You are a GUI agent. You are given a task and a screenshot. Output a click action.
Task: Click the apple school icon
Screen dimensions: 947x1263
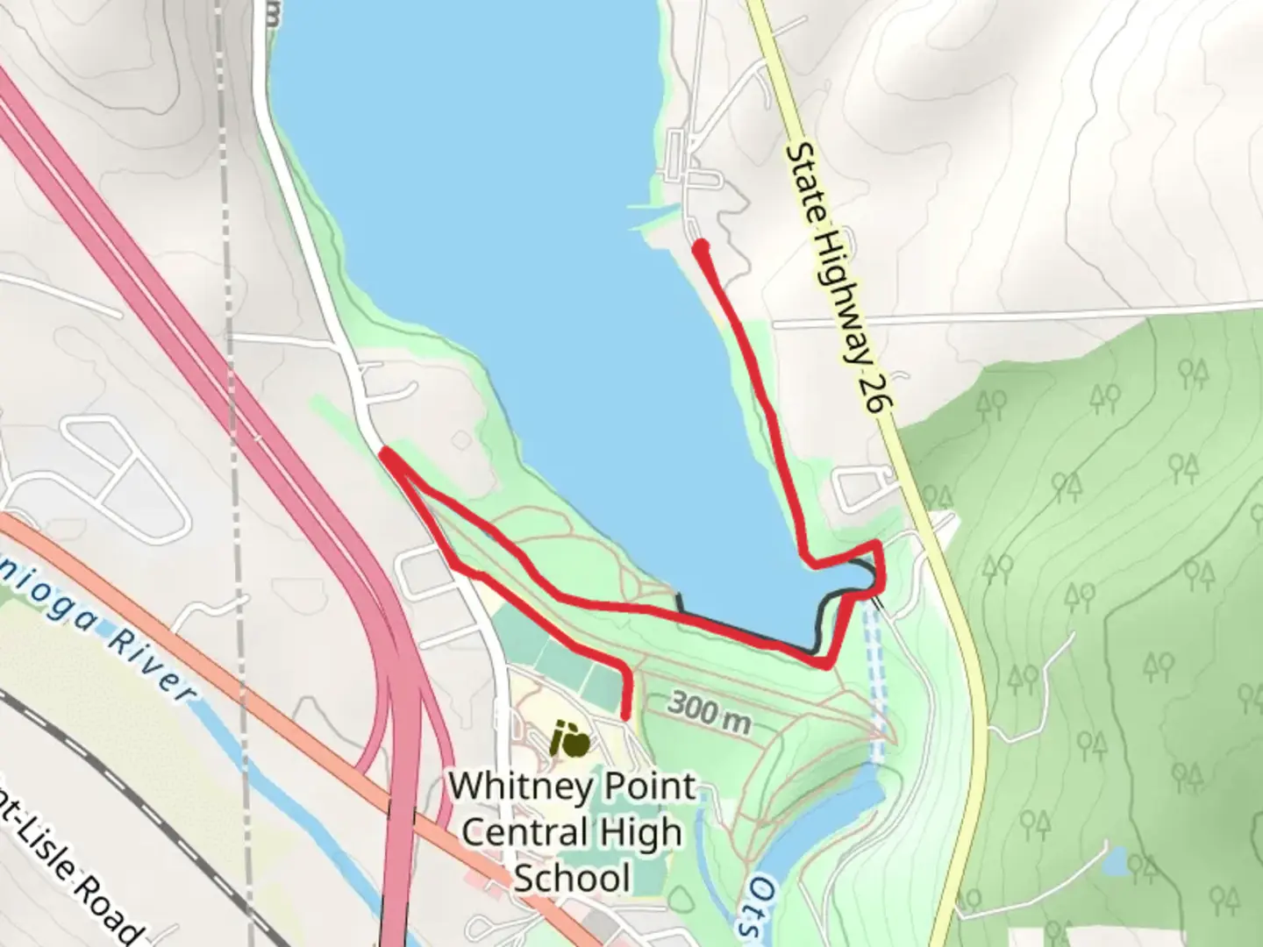pos(571,741)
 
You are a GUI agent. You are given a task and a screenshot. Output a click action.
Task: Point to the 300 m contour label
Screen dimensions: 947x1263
pos(710,711)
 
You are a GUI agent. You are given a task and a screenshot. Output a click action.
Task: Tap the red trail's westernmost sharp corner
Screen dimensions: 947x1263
pos(384,453)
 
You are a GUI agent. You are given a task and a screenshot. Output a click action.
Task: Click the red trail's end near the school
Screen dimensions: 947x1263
pos(625,717)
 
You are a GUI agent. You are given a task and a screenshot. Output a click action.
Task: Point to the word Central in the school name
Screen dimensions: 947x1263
pos(524,831)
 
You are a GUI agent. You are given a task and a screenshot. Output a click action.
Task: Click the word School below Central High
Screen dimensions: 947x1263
pos(572,877)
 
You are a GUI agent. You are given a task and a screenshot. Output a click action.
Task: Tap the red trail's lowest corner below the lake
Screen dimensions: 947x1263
pos(825,665)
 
